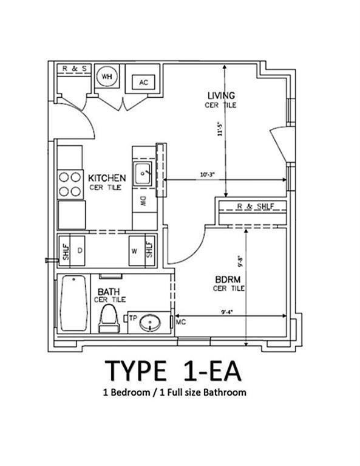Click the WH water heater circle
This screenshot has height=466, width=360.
pos(107,77)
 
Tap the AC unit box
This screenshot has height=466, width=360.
pos(143,82)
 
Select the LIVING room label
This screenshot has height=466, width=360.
pos(221,95)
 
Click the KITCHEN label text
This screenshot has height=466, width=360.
pos(107,178)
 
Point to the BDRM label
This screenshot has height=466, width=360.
pos(228,279)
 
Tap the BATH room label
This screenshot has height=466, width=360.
pos(109,292)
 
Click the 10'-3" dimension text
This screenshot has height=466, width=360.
pos(208,174)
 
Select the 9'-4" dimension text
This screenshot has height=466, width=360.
pos(227,312)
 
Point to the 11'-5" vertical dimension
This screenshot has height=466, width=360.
pos(220,129)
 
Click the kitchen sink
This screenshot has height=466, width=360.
pos(142,174)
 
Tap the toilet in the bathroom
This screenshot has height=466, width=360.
pos(109,318)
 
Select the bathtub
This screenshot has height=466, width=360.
pos(73,303)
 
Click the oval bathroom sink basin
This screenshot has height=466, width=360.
pos(150,323)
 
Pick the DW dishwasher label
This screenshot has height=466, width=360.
pos(143,202)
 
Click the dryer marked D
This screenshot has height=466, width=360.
pos(78,250)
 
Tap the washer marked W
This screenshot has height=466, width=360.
pos(137,251)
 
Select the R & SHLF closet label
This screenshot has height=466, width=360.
pos(256,206)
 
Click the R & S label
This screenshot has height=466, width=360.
pos(75,69)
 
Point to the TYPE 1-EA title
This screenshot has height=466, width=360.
pos(173,371)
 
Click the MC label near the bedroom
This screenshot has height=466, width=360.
pos(181,322)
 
